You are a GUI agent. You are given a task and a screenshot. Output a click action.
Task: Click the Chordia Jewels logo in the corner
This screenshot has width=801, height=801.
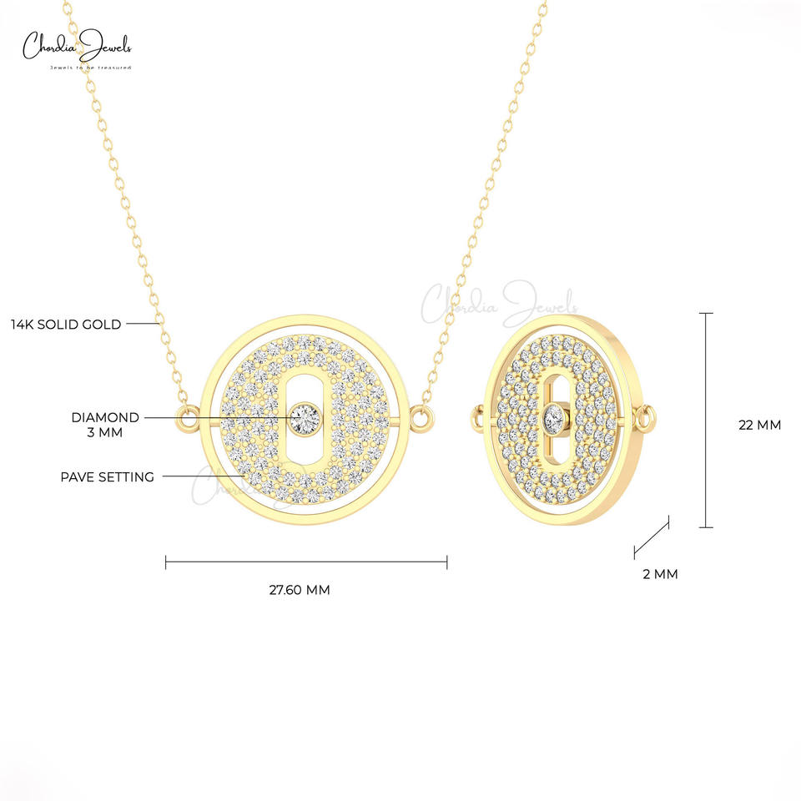click(77, 49)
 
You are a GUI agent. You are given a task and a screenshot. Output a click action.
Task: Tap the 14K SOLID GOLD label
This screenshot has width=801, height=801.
click(66, 325)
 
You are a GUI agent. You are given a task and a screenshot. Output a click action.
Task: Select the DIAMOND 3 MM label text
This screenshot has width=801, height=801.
click(105, 425)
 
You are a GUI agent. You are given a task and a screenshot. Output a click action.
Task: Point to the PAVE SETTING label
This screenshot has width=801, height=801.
click(108, 477)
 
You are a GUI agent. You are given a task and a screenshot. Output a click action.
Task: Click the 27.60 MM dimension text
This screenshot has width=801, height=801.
click(300, 590)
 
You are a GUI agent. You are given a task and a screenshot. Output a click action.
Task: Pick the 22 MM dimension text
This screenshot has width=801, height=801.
click(759, 425)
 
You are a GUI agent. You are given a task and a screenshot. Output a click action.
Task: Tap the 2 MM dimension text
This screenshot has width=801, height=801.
click(660, 574)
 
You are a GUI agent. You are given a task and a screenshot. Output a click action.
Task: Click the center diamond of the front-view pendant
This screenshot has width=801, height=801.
click(305, 418)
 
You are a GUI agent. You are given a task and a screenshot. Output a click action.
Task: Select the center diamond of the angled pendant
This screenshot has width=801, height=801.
click(553, 417)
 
